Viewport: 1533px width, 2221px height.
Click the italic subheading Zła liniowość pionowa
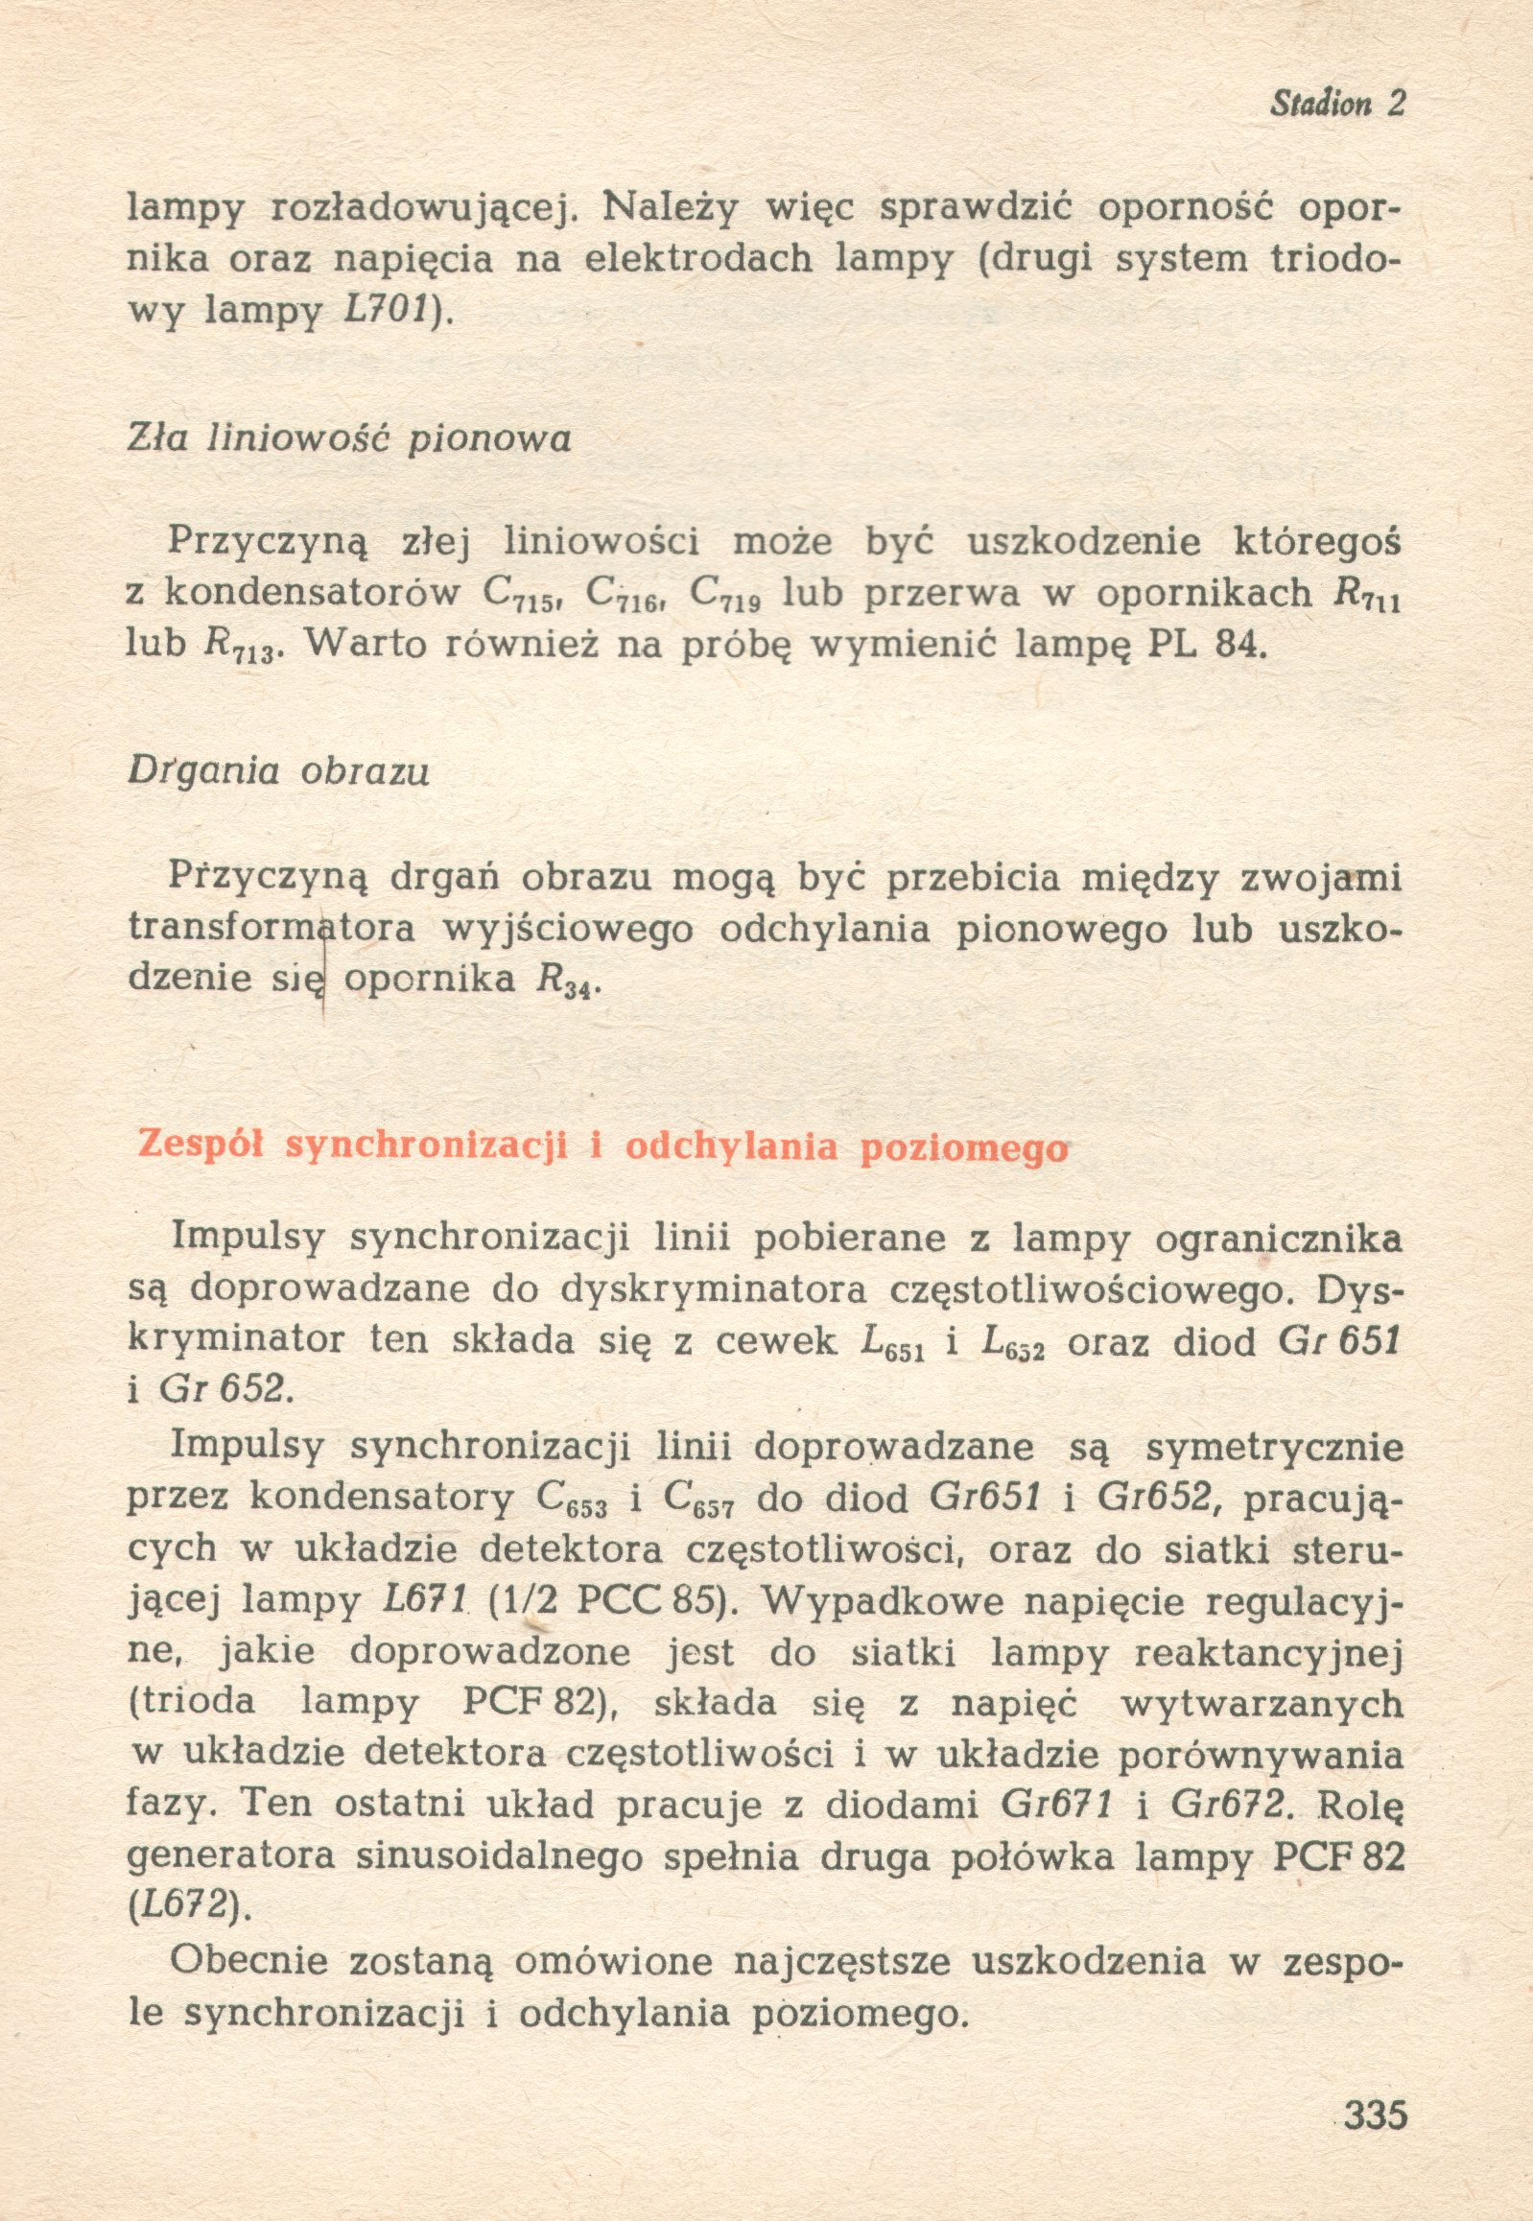[x=349, y=439]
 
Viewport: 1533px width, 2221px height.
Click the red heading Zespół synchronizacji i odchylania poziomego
[x=603, y=1148]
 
